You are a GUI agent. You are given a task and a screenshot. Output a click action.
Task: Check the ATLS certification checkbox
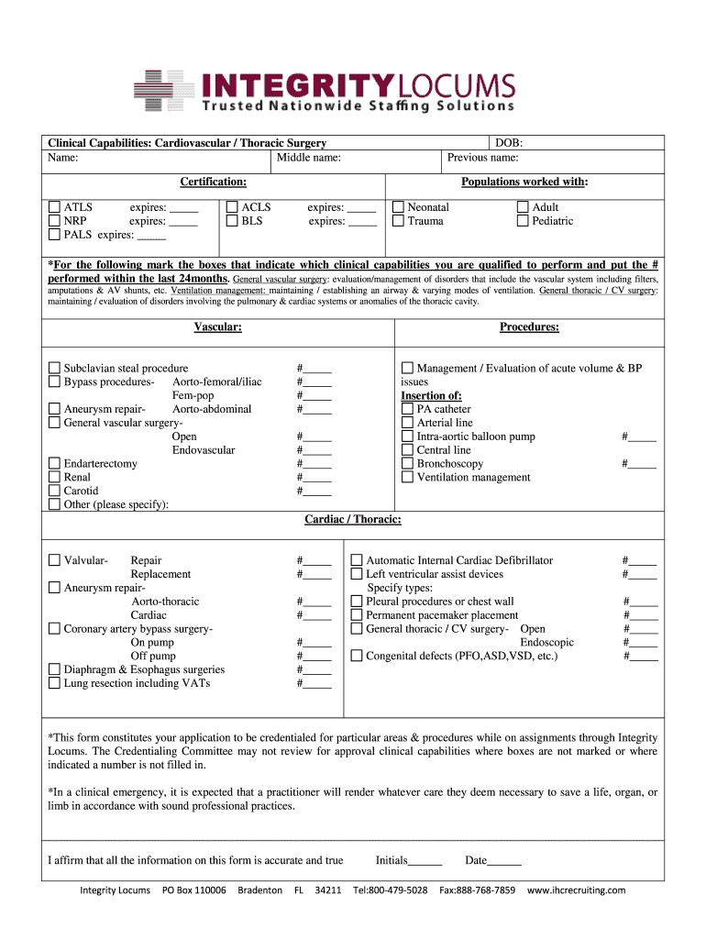(54, 208)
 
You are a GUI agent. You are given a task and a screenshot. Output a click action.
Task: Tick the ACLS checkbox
(232, 208)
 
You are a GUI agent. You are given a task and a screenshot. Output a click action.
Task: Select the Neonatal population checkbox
(398, 208)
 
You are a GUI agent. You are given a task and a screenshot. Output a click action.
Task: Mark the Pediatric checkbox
(523, 221)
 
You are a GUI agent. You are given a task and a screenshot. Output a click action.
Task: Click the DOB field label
(509, 143)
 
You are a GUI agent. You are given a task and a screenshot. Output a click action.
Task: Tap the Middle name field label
(309, 158)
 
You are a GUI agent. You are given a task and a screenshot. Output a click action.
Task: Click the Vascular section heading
(217, 327)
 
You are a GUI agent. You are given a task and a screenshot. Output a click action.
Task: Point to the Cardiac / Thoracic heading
(352, 520)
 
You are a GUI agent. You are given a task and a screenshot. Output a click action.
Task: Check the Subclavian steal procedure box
(54, 369)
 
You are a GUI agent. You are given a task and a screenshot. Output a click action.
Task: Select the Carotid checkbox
(54, 492)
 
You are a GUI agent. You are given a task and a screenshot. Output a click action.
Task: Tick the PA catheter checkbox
(407, 410)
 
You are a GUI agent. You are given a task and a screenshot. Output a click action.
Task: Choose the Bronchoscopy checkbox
(407, 464)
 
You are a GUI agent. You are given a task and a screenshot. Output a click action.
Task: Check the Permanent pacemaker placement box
(357, 615)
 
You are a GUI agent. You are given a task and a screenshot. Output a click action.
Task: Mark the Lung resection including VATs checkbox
(54, 683)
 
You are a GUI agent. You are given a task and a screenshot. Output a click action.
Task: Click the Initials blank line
(425, 861)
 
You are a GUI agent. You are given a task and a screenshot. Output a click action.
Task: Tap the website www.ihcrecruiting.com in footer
(576, 890)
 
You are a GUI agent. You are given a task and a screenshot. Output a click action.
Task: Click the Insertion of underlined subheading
(431, 396)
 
